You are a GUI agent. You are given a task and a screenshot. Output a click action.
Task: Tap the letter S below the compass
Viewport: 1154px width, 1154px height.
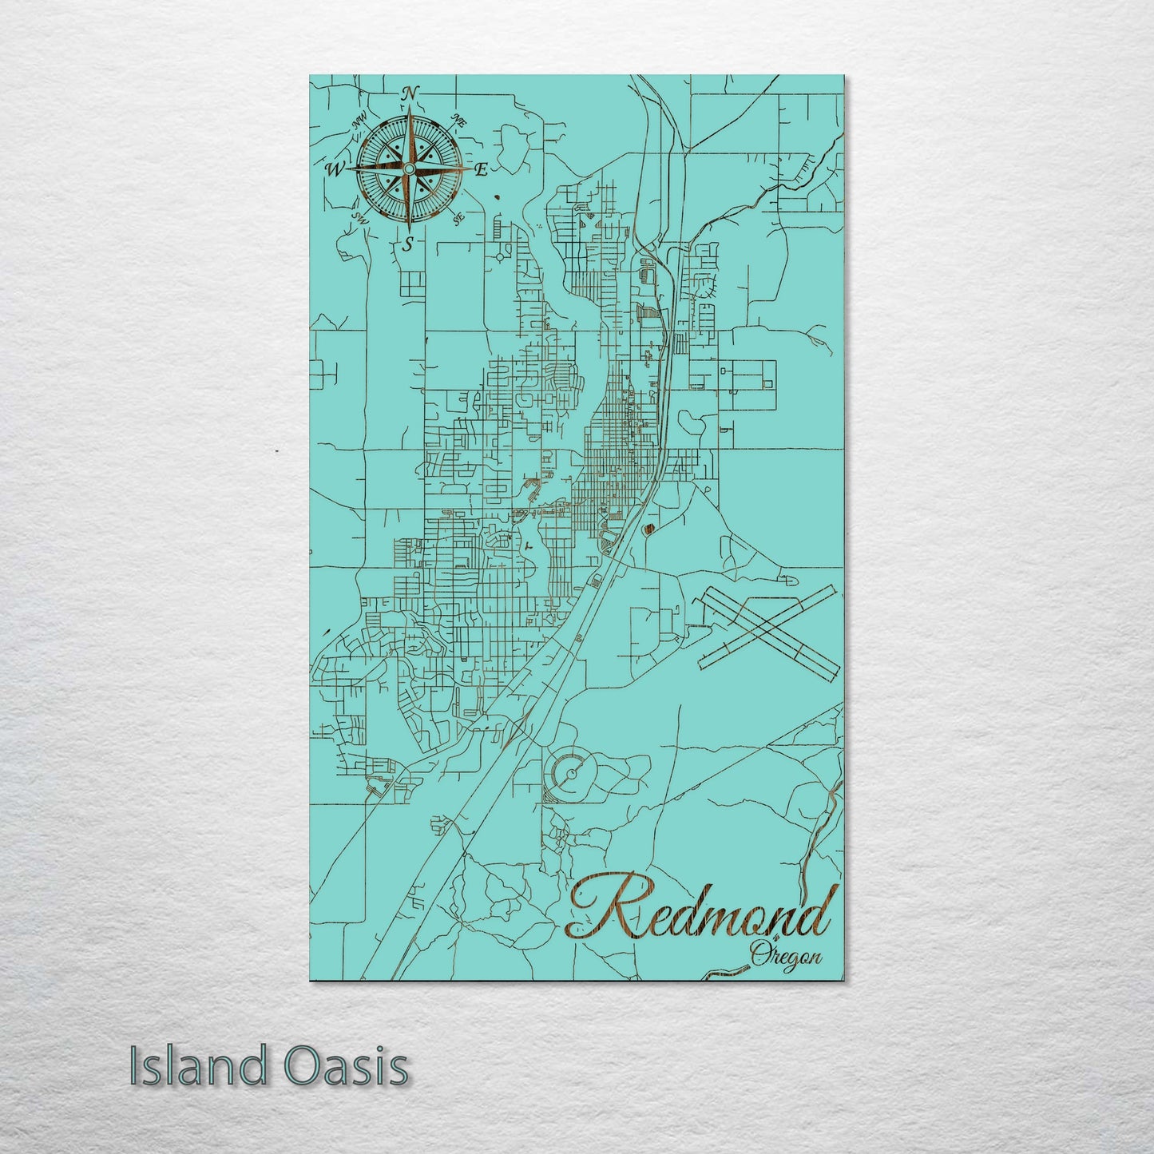[x=408, y=244]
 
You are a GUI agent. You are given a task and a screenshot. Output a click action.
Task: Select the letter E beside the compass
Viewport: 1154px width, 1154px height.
[x=481, y=169]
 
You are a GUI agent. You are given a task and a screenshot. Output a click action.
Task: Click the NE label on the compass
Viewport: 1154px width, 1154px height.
[x=458, y=121]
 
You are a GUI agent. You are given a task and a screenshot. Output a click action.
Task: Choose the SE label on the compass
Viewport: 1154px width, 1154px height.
[x=458, y=218]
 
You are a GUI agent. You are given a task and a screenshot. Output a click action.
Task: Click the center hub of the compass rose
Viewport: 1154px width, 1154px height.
[x=408, y=169]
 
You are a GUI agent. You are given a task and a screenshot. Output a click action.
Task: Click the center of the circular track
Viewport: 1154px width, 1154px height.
[x=572, y=773]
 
